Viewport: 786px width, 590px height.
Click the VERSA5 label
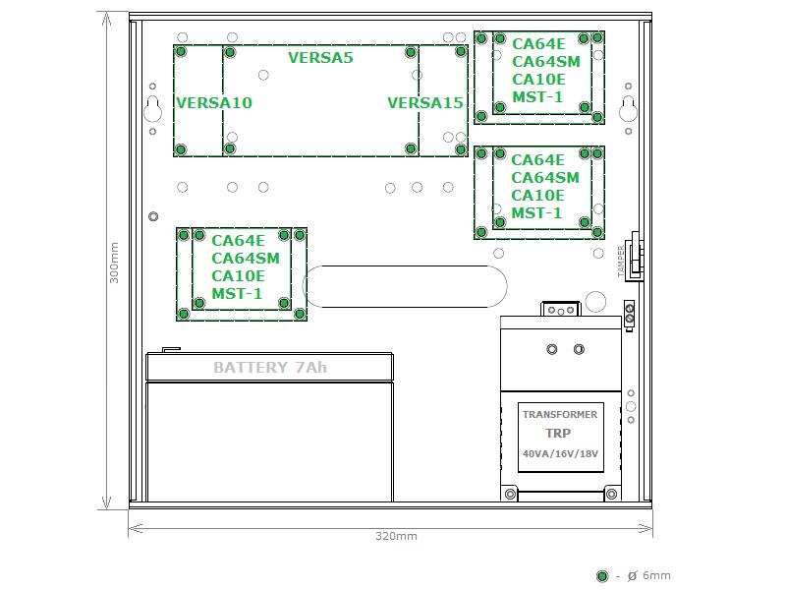click(x=320, y=58)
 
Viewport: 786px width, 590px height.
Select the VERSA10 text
click(x=214, y=103)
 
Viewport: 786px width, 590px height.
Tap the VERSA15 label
click(x=425, y=103)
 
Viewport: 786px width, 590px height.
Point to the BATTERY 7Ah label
click(x=270, y=367)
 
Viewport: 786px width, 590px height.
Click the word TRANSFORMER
click(x=560, y=414)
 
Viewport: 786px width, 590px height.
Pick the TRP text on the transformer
click(x=558, y=433)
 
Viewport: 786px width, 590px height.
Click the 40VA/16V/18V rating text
click(x=560, y=453)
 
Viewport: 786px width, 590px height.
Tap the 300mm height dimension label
click(x=114, y=263)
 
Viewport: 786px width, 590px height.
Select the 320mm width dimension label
click(x=396, y=536)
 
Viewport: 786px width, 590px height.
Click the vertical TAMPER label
click(x=621, y=261)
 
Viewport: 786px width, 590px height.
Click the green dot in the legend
click(x=602, y=576)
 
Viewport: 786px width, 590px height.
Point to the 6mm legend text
click(x=656, y=575)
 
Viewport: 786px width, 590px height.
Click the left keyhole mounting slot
click(x=153, y=109)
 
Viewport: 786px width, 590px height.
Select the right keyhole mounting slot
click(x=628, y=109)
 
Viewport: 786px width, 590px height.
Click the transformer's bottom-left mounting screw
click(x=510, y=495)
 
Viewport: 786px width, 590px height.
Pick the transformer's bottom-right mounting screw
click(x=611, y=495)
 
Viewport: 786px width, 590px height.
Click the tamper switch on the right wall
click(x=636, y=256)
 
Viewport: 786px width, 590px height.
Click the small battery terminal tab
click(x=171, y=350)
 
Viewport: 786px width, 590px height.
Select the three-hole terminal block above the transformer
click(x=561, y=309)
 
